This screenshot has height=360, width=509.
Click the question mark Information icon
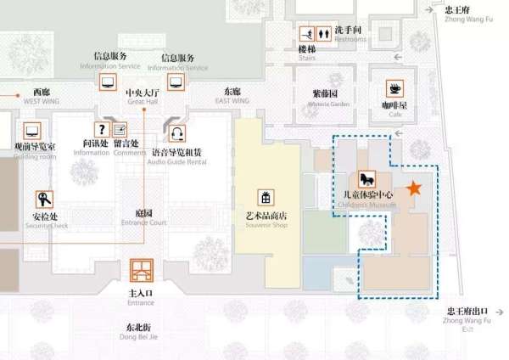[102, 129]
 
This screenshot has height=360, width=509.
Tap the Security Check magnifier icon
[44, 200]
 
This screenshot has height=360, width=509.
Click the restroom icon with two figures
[325, 35]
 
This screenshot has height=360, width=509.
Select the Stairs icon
[306, 35]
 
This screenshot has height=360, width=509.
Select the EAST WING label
[232, 95]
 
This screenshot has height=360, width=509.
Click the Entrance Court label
[143, 217]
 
